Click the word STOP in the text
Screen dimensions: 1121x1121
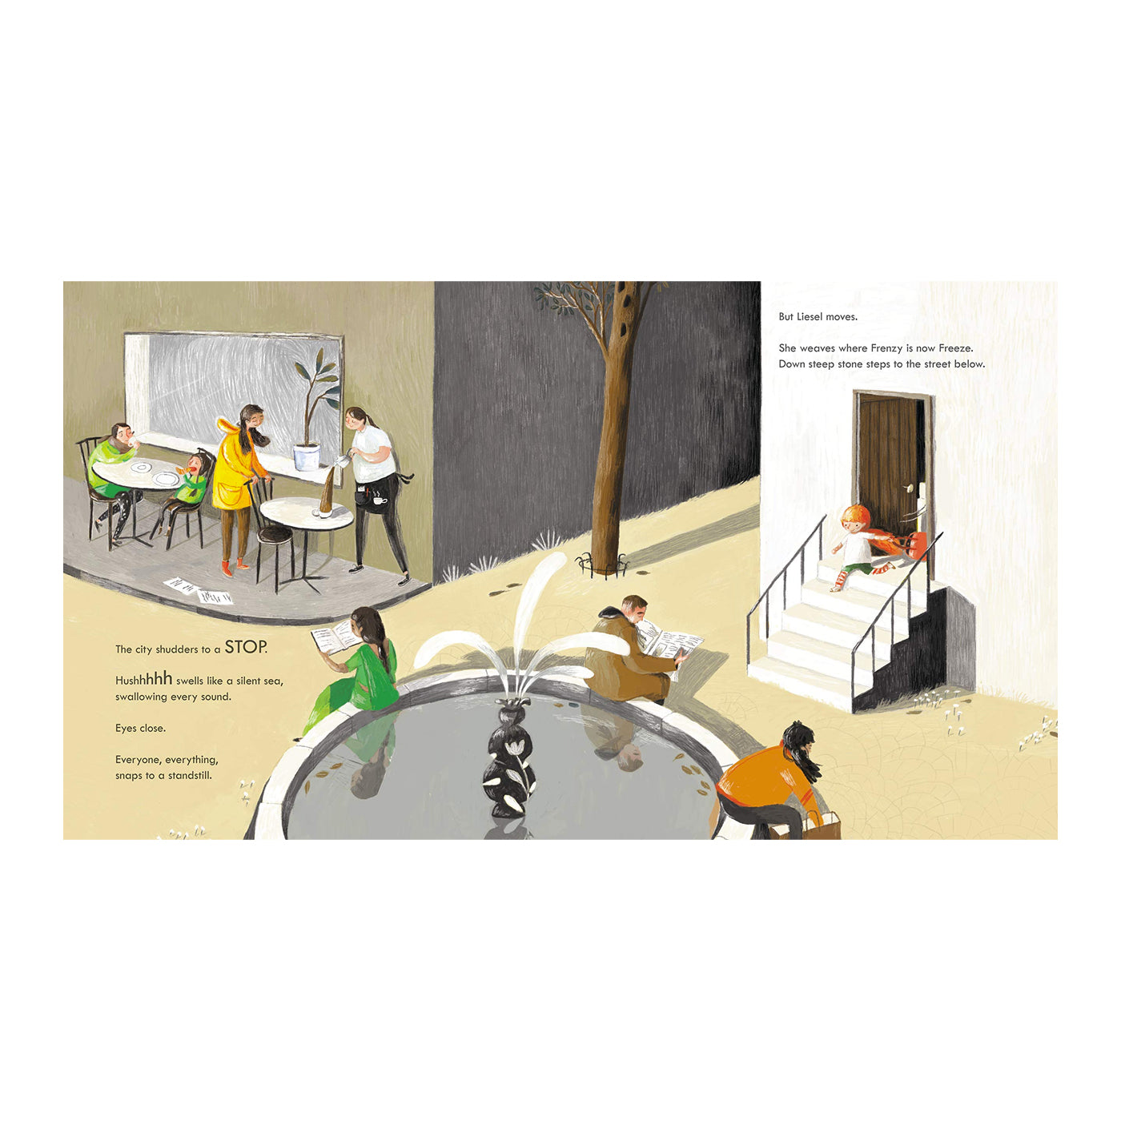[x=246, y=647]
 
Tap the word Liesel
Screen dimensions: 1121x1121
[x=810, y=317]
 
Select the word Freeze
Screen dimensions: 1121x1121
[x=955, y=348]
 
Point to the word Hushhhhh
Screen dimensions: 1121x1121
[x=143, y=679]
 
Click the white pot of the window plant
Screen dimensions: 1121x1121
[x=307, y=456]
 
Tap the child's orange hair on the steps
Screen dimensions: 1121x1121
[x=856, y=515]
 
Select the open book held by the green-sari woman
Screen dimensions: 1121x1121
[x=334, y=637]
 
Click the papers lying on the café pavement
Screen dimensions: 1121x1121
[x=198, y=590]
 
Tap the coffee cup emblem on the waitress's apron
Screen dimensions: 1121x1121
[x=380, y=500]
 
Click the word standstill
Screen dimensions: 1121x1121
[x=190, y=775]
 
